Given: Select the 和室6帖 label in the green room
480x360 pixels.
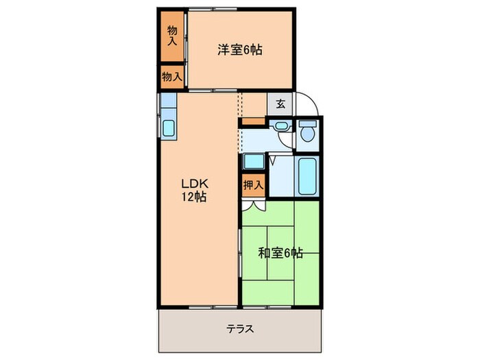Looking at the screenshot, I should tap(280, 252).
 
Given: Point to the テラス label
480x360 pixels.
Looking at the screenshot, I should tap(240, 328).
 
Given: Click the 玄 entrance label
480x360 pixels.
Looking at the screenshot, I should tap(280, 104).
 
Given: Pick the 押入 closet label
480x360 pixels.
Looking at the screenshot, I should tap(253, 184).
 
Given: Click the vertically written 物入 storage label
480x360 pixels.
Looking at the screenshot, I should tap(172, 34).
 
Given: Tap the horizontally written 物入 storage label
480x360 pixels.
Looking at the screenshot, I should tap(171, 77).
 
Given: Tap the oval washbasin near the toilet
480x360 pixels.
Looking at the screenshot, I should tap(280, 126).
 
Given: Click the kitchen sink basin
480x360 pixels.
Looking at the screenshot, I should tap(169, 128).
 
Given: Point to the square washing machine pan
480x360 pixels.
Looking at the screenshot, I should tap(252, 162).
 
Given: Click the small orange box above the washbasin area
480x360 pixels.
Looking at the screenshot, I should tap(253, 122).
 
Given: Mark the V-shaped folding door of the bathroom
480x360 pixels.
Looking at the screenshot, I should tap(272, 162).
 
